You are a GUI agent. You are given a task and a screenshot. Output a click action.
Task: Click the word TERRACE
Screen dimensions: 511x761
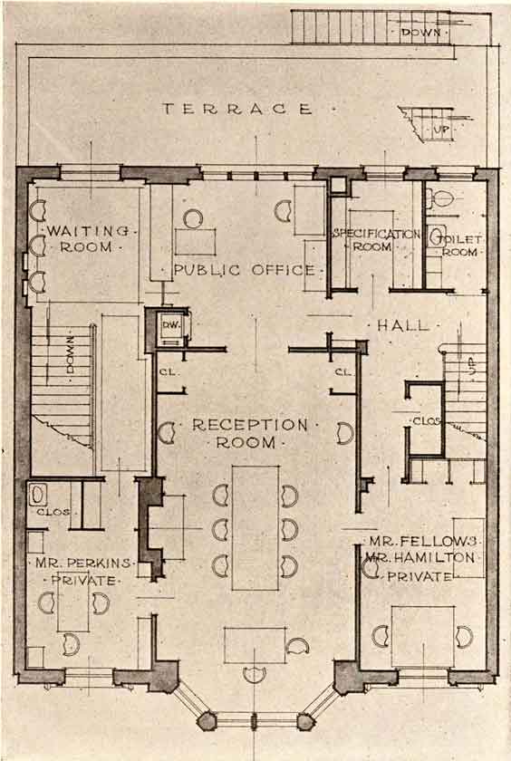pos(236,109)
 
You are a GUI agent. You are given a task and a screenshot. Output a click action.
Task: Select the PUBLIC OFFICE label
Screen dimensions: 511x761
pos(244,270)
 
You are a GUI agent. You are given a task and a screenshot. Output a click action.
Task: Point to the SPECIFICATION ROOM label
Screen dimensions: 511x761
pos(377,240)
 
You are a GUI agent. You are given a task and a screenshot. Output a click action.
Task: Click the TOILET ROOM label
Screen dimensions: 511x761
pos(459,246)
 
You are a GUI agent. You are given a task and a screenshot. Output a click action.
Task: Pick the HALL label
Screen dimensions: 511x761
pos(403,325)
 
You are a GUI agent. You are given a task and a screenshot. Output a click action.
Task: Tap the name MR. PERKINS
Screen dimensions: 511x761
pos(83,564)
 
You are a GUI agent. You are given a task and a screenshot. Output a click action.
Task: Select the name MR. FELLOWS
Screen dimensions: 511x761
pos(424,541)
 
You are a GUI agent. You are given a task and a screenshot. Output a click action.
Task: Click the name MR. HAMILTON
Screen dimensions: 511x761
pos(420,558)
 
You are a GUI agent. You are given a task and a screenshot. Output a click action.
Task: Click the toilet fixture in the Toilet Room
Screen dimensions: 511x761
pos(441,198)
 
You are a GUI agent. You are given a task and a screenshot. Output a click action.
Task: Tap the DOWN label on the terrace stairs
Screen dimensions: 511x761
pos(420,33)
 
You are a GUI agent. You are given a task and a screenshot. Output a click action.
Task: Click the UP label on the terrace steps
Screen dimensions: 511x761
pos(439,130)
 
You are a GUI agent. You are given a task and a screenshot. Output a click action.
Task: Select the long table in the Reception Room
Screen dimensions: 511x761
pos(255,528)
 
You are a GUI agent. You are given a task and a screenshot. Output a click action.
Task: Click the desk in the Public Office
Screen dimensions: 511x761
pos(195,242)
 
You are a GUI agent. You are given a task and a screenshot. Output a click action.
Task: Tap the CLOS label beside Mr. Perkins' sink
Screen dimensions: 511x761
pos(53,512)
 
